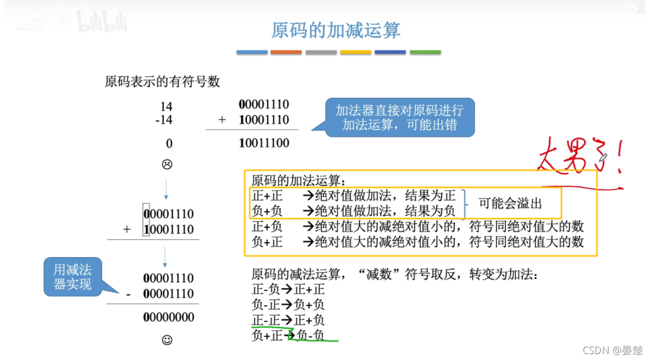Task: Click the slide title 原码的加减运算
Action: (x=336, y=30)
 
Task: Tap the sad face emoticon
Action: (x=166, y=164)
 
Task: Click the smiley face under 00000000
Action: (x=166, y=340)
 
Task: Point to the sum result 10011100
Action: (x=264, y=143)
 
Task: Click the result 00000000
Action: (x=169, y=317)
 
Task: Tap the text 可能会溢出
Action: (x=510, y=204)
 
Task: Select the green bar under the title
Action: (x=425, y=52)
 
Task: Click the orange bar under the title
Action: (x=286, y=52)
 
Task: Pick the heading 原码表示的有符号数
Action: (x=162, y=82)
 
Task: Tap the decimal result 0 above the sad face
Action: (x=169, y=144)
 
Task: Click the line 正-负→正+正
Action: (x=288, y=290)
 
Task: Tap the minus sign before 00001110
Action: (x=128, y=294)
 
